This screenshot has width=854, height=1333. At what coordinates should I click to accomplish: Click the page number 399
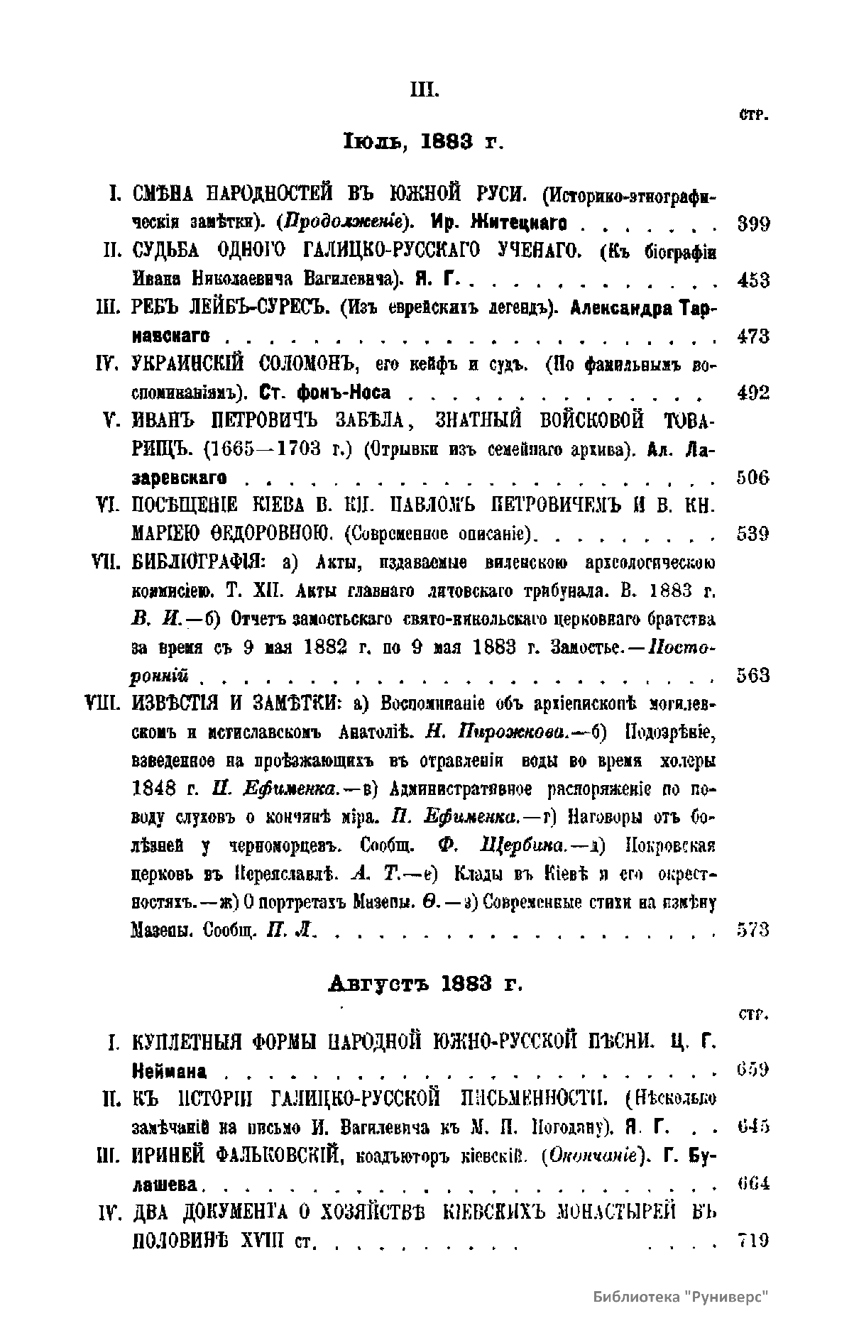click(752, 224)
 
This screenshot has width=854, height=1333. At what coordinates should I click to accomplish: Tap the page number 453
click(752, 280)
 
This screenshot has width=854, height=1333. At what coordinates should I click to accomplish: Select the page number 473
click(752, 336)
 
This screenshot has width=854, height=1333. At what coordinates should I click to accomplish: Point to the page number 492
click(752, 393)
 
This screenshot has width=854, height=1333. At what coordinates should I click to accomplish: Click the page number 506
click(752, 477)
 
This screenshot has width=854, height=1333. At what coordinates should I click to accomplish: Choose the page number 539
click(752, 533)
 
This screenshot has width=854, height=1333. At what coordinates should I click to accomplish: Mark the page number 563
click(752, 675)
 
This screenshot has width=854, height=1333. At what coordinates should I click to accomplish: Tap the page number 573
click(752, 929)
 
